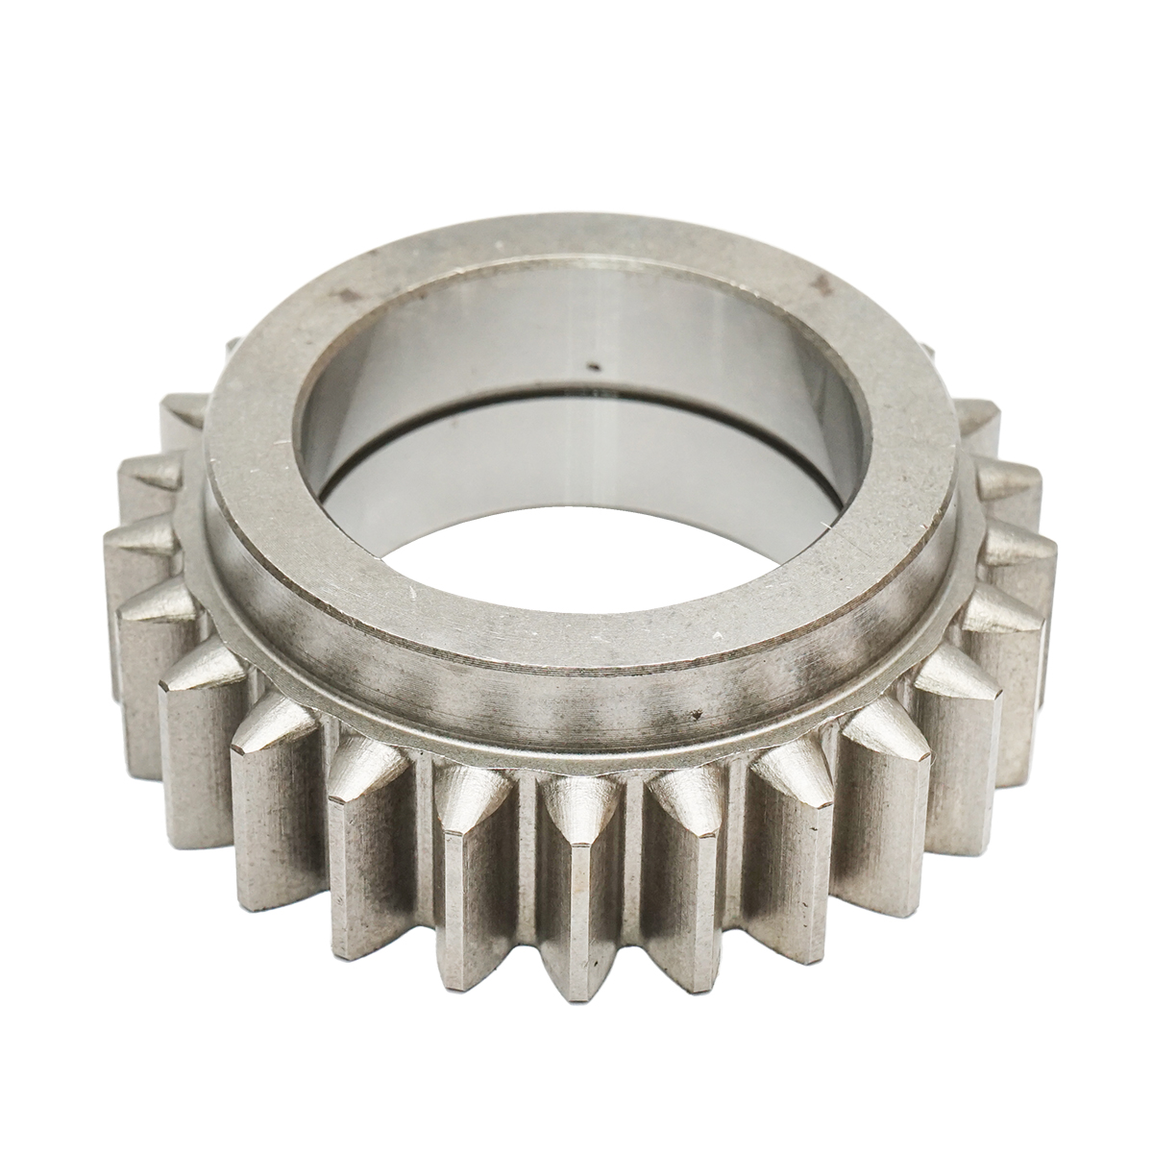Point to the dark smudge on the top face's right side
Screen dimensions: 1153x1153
tap(818, 282)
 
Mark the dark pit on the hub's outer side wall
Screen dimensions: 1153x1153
tap(694, 715)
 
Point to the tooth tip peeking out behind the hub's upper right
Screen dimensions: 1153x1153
tap(924, 348)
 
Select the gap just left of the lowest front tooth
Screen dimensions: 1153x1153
tap(524, 846)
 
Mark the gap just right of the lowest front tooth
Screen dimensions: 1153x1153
tap(629, 846)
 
